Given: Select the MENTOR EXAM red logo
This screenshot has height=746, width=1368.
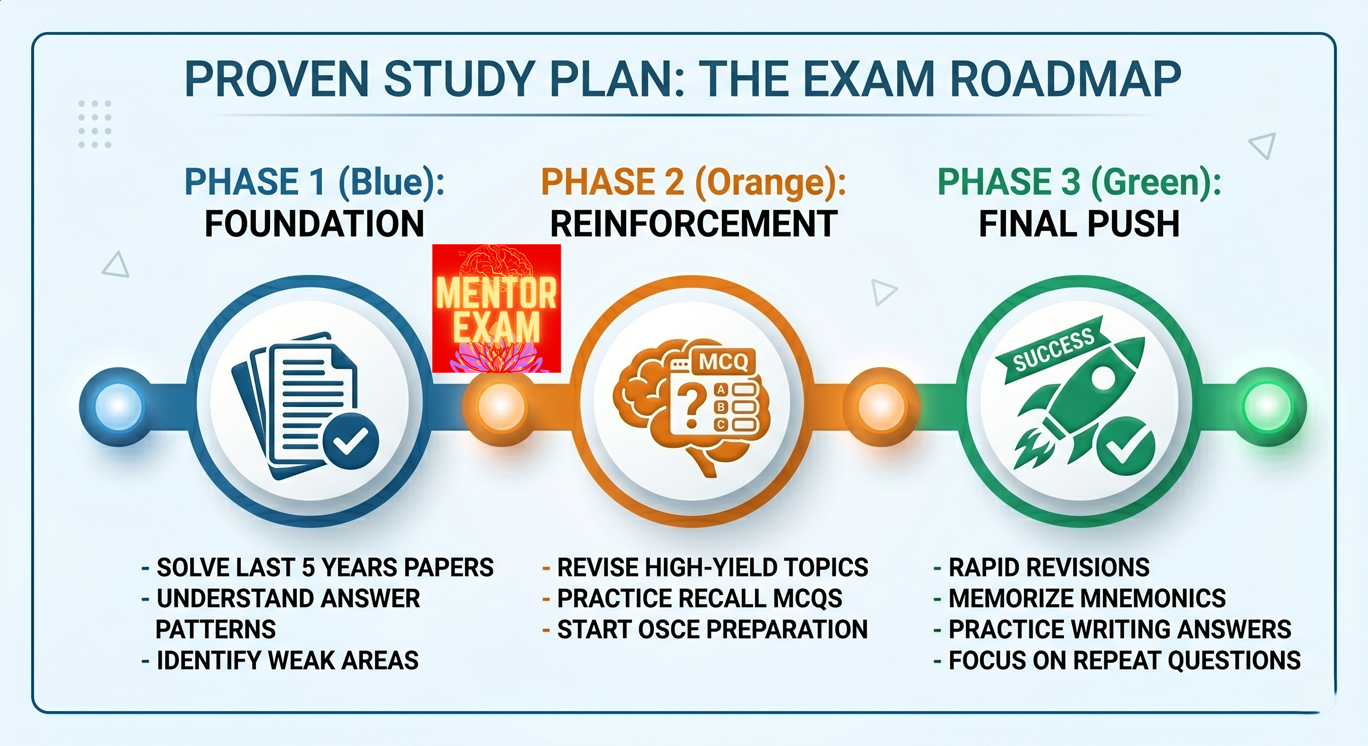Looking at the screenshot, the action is tap(496, 308).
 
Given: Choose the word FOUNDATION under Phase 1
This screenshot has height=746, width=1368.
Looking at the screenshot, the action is tap(314, 223).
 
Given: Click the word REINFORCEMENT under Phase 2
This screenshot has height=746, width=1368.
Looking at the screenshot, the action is tap(694, 223).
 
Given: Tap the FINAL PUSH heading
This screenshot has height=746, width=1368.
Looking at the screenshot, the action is tap(1079, 223).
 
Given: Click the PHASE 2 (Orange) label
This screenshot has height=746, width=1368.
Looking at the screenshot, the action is tap(694, 182).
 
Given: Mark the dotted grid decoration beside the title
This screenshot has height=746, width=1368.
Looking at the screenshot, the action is tap(95, 124).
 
